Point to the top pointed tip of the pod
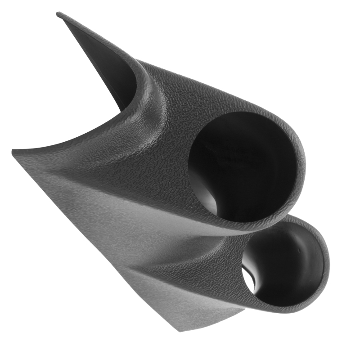click(x=58, y=14)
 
